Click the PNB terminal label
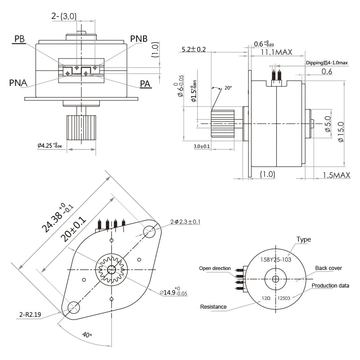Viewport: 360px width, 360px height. tap(139, 38)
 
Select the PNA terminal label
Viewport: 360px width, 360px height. tap(18, 83)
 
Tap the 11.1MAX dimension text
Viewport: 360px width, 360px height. tap(277, 52)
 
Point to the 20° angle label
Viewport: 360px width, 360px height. tap(228, 88)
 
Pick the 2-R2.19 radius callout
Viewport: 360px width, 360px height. tap(27, 315)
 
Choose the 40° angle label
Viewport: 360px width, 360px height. tap(87, 335)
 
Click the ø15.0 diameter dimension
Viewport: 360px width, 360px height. tap(341, 132)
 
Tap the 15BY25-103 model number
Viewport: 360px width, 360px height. tap(276, 259)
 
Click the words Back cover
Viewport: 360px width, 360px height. tap(328, 268)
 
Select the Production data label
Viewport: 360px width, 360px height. tap(330, 286)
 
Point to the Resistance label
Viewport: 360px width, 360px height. tap(213, 307)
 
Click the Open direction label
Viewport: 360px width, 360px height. tap(215, 268)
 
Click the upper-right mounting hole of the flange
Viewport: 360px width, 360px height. tap(149, 231)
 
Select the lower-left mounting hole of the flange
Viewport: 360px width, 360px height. tap(72, 308)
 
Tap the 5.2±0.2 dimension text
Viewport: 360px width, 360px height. tap(193, 49)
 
